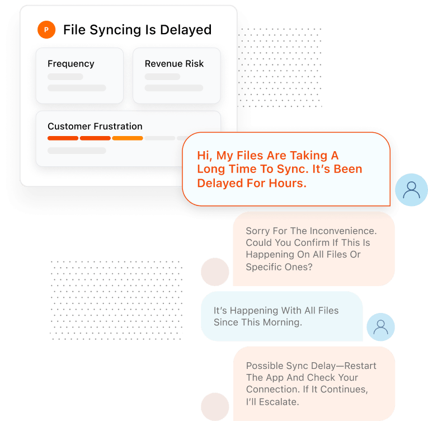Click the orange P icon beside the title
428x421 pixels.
(x=46, y=30)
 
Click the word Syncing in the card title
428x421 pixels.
(x=112, y=30)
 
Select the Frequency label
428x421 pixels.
(x=71, y=64)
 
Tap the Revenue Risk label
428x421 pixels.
(x=174, y=64)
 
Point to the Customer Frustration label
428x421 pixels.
(x=95, y=127)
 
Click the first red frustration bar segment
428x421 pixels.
(x=63, y=138)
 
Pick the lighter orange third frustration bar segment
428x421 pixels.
(x=128, y=138)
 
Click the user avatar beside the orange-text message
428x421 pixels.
(x=411, y=190)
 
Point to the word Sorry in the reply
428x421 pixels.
(x=259, y=231)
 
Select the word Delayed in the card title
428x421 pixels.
(x=186, y=30)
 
